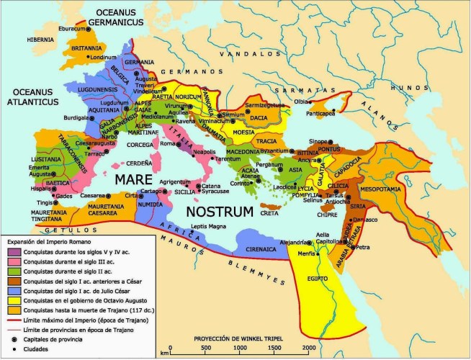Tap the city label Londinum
(x=103, y=58)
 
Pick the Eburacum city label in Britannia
(x=71, y=30)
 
